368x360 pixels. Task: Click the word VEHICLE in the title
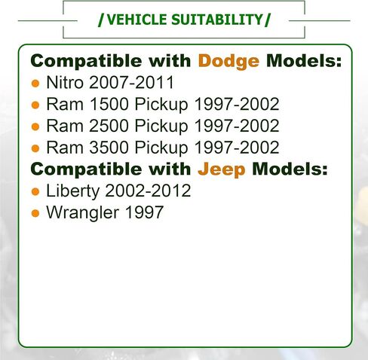pyautogui.click(x=136, y=20)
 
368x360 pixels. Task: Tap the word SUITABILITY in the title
pyautogui.click(x=217, y=20)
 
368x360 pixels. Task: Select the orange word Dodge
pyautogui.click(x=228, y=62)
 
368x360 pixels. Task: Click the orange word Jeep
pyautogui.click(x=222, y=169)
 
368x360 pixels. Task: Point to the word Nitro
pyautogui.click(x=65, y=82)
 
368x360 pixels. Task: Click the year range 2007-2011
pyautogui.click(x=131, y=82)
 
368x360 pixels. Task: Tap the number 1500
pyautogui.click(x=109, y=104)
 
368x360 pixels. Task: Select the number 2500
pyautogui.click(x=109, y=126)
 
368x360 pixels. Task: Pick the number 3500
pyautogui.click(x=109, y=147)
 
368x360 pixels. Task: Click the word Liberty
pyautogui.click(x=73, y=191)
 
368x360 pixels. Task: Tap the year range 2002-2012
pyautogui.click(x=148, y=191)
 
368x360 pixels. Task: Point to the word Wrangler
pyautogui.click(x=83, y=213)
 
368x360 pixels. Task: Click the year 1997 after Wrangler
pyautogui.click(x=144, y=212)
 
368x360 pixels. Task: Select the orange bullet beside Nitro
pyautogui.click(x=35, y=84)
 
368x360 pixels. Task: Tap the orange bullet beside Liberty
pyautogui.click(x=35, y=192)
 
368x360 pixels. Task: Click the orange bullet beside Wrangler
pyautogui.click(x=35, y=213)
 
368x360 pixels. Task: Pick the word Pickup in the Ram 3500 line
pyautogui.click(x=161, y=148)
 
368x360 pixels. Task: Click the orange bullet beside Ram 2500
pyautogui.click(x=35, y=127)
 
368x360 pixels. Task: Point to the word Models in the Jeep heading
pyautogui.click(x=290, y=169)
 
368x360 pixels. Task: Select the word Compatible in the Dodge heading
pyautogui.click(x=86, y=62)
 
